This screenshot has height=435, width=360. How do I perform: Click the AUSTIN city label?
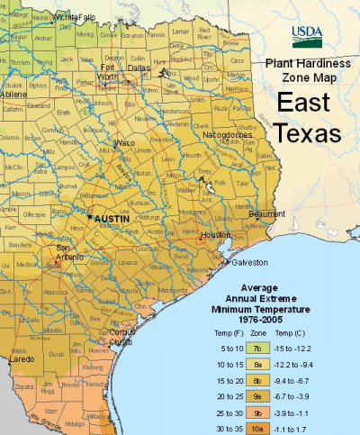coord(112,219)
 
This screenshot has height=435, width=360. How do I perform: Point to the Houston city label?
coord(214,234)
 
